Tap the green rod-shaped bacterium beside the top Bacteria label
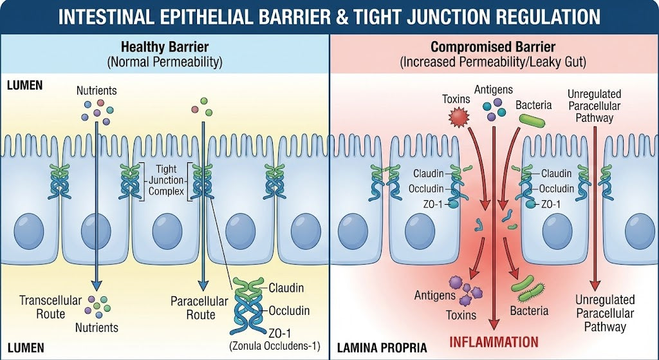pos(532,120)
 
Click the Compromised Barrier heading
pos(493,47)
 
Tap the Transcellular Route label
pos(51,307)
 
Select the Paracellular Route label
pos(200,307)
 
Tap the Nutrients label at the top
pos(97,91)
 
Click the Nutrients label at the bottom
pos(96,327)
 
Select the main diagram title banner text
pos(329,16)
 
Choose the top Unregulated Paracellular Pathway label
pos(593,106)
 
